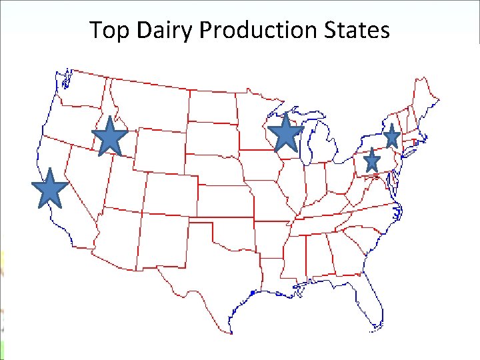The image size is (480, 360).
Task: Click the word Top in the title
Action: click(x=107, y=30)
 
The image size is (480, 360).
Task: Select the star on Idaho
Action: click(x=110, y=137)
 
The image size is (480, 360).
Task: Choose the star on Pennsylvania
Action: click(x=372, y=161)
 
